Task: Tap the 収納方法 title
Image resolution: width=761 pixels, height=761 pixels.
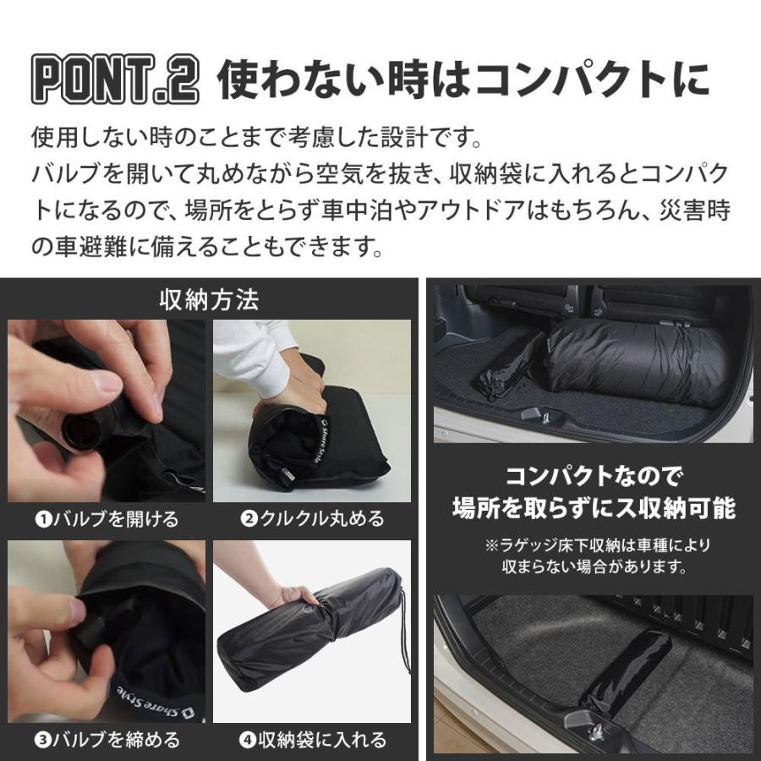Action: (209, 299)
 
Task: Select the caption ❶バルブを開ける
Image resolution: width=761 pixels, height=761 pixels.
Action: (107, 519)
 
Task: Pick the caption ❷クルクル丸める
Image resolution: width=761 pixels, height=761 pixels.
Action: (312, 519)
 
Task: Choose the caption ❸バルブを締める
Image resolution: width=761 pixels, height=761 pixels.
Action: (107, 740)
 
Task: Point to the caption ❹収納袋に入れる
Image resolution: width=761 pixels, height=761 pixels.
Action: (312, 740)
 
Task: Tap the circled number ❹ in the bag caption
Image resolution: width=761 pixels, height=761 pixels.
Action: (248, 740)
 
